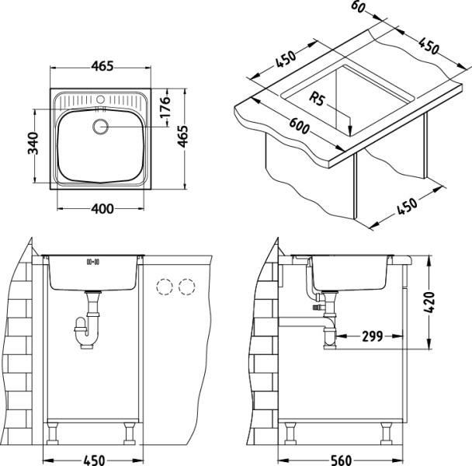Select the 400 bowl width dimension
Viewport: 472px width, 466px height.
pyautogui.click(x=102, y=208)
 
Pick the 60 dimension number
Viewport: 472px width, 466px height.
pyautogui.click(x=358, y=8)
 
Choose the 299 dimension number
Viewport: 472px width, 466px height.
pyautogui.click(x=373, y=337)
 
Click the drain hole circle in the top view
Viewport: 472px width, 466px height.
pyautogui.click(x=101, y=127)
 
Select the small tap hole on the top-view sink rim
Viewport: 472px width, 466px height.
pyautogui.click(x=101, y=100)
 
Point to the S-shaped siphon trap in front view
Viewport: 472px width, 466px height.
pyautogui.click(x=88, y=328)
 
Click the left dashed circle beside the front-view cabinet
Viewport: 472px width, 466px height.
pyautogui.click(x=164, y=287)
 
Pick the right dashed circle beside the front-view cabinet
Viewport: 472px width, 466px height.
pyautogui.click(x=186, y=287)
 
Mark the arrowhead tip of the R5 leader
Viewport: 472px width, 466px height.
pyautogui.click(x=350, y=133)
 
